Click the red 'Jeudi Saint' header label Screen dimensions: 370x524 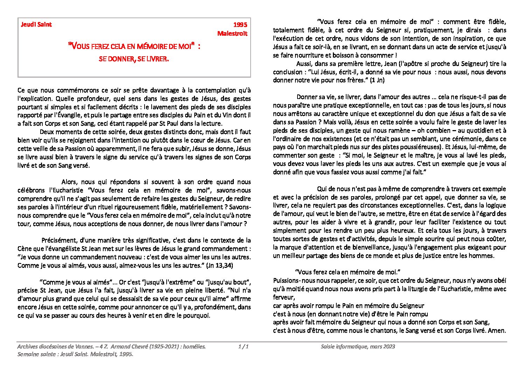(x=36, y=24)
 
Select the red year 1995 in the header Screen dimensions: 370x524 (x=240, y=25)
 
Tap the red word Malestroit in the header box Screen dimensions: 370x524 (x=232, y=34)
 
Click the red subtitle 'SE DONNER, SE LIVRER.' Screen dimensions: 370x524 (x=134, y=59)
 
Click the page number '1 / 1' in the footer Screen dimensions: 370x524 (x=243, y=347)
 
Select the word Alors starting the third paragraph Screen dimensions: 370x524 (x=70, y=182)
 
